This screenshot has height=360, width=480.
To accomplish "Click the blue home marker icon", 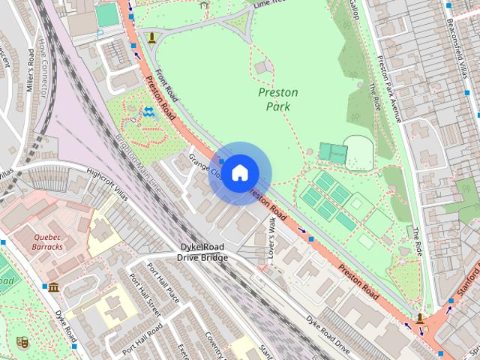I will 239,173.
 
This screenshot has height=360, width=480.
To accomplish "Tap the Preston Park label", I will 277,99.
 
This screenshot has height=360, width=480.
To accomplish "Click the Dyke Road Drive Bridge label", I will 202,253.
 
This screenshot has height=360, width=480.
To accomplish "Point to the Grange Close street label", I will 203,167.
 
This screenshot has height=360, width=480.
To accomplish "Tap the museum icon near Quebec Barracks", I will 53,287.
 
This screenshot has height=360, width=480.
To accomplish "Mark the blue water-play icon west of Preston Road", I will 148,114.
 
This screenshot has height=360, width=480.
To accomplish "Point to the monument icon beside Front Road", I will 152,37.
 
